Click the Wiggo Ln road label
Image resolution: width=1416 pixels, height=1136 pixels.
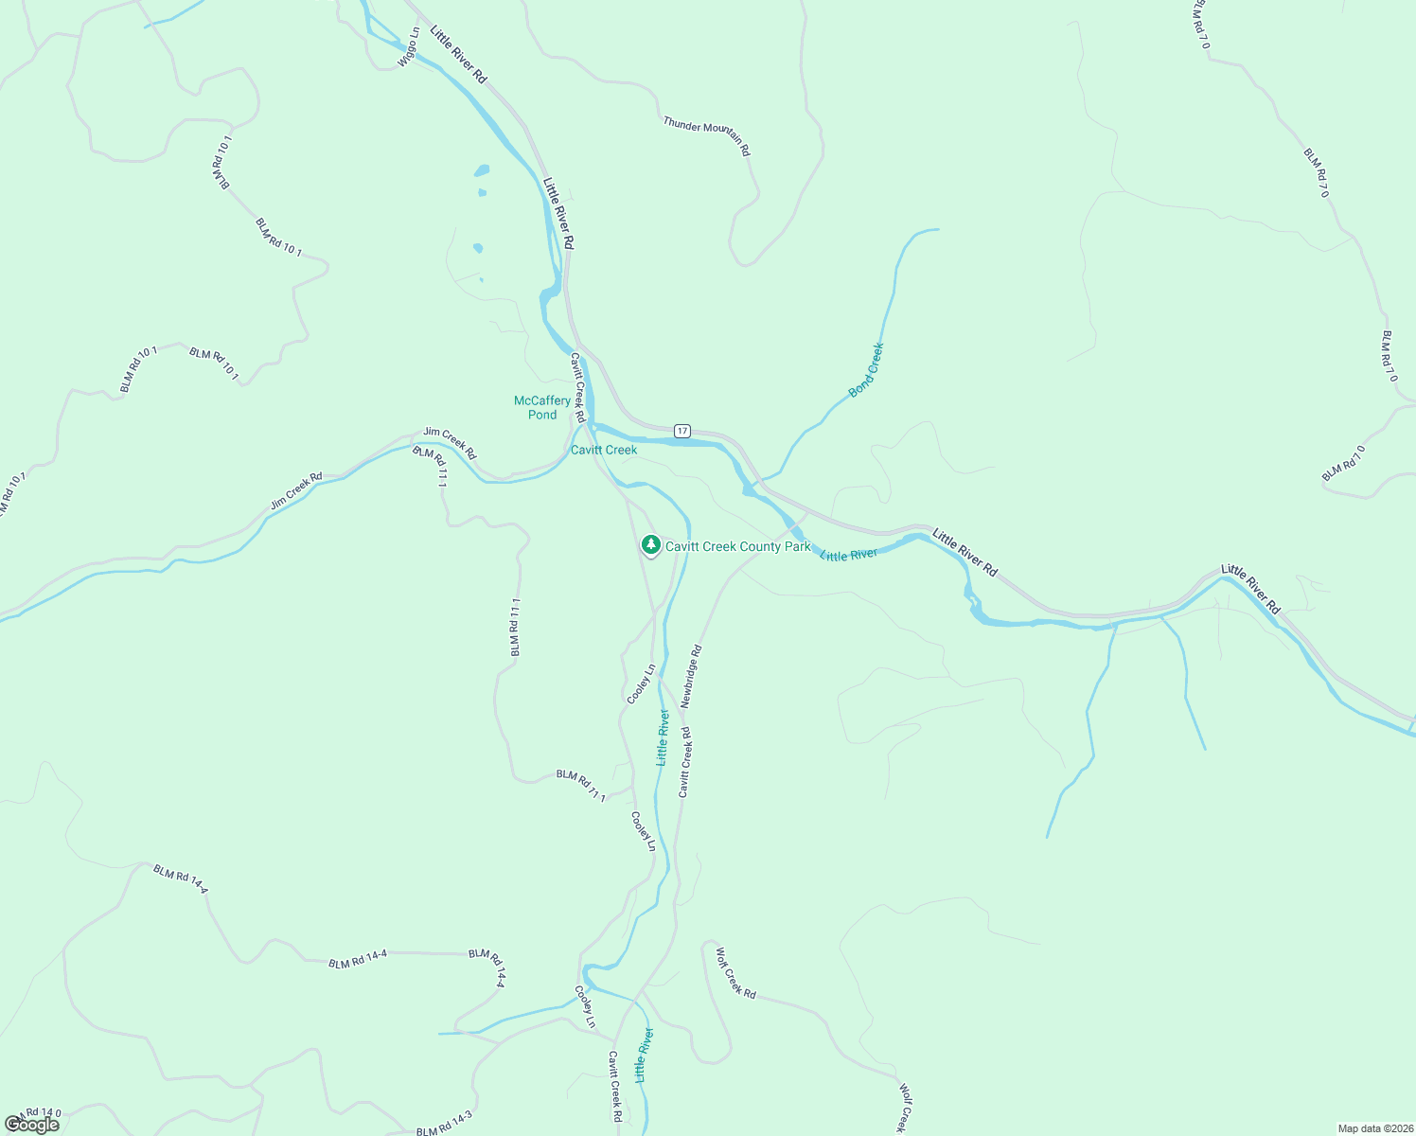click(409, 47)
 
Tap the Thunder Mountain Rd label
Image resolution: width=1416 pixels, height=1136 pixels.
click(706, 135)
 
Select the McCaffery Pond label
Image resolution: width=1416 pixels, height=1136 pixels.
click(542, 407)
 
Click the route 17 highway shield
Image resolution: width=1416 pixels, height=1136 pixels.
click(681, 431)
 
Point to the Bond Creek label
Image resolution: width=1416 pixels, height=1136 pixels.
click(865, 369)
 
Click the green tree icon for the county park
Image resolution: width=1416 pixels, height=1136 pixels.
click(649, 544)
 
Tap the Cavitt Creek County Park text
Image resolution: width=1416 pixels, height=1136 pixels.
click(737, 546)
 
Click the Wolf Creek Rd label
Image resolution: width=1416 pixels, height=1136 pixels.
click(735, 972)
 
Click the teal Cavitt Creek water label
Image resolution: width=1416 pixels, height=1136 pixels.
click(604, 450)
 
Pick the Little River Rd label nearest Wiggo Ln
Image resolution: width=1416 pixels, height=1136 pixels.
click(458, 55)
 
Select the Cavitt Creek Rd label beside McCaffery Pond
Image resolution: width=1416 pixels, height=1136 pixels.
click(577, 388)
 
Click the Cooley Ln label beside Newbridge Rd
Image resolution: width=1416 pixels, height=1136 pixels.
click(641, 684)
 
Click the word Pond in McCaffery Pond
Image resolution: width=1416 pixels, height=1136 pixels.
click(542, 415)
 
